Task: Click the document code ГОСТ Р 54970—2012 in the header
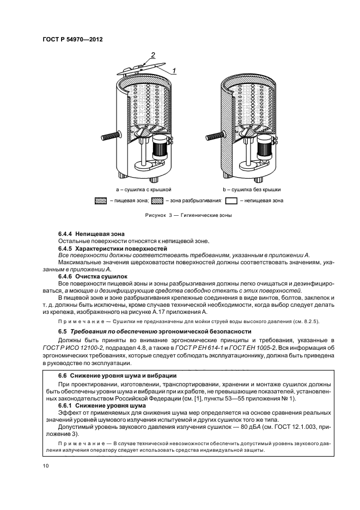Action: point(72,39)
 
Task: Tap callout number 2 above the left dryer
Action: point(154,56)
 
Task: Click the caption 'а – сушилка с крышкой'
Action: point(147,189)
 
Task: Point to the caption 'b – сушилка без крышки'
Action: point(252,189)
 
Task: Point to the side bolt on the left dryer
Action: point(109,134)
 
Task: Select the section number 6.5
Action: point(62,331)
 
